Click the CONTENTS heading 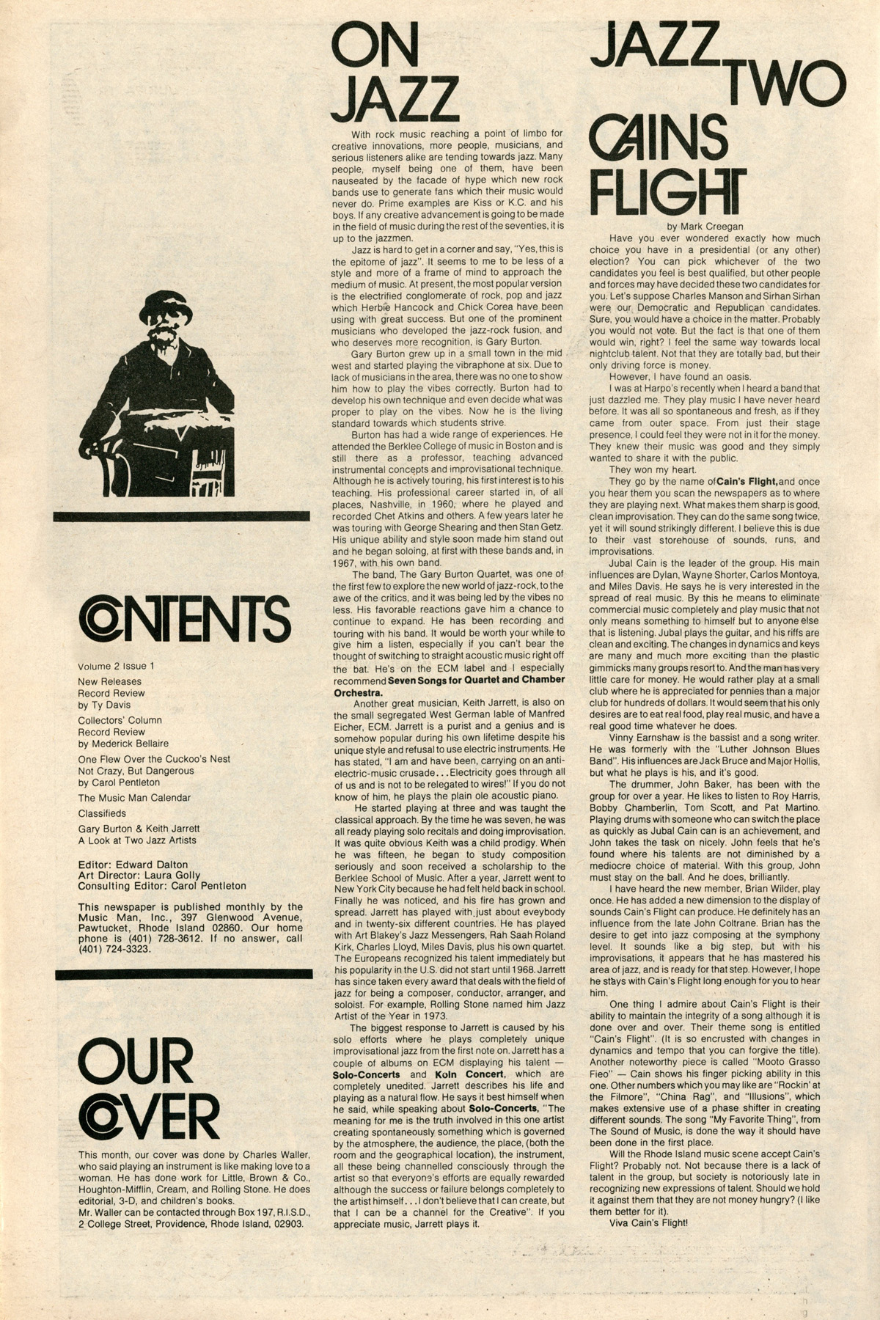[x=184, y=618]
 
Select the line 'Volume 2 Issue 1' [x=116, y=667]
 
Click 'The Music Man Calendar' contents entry [x=134, y=798]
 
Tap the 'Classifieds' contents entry [x=102, y=813]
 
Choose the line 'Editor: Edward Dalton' [x=133, y=864]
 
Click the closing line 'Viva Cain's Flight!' [x=648, y=1222]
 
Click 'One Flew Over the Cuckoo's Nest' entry [x=154, y=759]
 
